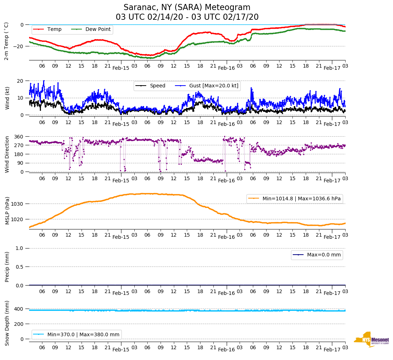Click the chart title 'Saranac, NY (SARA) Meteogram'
tap(187, 8)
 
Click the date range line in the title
tap(187, 17)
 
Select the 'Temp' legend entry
tap(54, 29)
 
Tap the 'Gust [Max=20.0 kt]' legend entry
tap(214, 86)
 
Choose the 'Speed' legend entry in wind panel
tap(157, 86)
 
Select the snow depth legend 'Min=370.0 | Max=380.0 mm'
tap(83, 334)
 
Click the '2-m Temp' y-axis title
tap(6, 41)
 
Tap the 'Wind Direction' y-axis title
tap(7, 154)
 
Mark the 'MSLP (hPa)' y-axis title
tap(7, 210)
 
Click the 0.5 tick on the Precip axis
tap(20, 267)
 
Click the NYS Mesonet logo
tap(371, 340)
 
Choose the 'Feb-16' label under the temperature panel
tap(226, 68)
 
